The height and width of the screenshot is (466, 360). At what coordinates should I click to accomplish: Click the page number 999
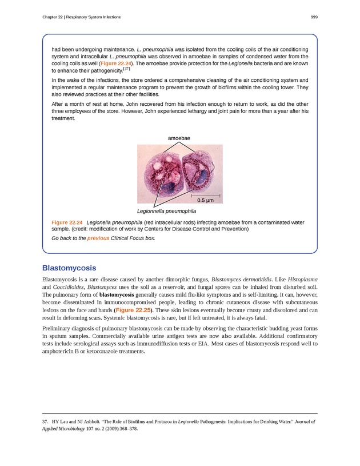point(314,17)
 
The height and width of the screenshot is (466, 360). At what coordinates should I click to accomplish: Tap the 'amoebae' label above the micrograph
point(179,138)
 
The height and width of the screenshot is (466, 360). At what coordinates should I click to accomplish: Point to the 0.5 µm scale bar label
point(205,201)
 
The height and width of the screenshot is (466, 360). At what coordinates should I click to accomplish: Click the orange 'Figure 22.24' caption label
point(67,222)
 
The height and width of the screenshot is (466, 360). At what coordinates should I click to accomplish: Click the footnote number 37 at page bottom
point(46,421)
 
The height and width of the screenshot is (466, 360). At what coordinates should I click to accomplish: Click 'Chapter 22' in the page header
point(52,17)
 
